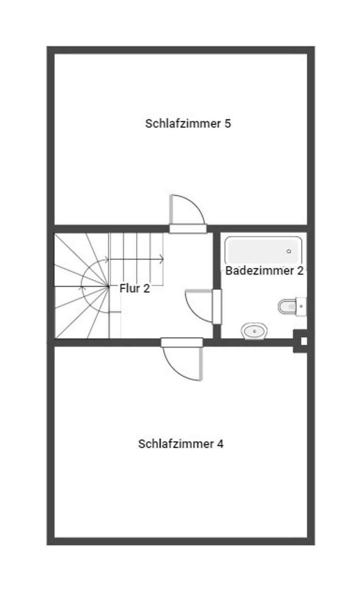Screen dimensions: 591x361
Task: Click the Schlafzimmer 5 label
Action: [188, 124]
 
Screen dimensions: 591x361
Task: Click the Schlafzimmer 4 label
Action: [180, 444]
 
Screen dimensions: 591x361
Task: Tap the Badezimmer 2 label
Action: [264, 271]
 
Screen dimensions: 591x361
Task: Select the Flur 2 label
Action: [134, 288]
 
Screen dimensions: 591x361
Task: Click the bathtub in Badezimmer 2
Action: [263, 250]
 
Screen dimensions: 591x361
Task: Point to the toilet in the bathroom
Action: [288, 306]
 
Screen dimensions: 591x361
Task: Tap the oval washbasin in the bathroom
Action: [254, 331]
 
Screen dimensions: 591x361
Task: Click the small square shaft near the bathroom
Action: [302, 341]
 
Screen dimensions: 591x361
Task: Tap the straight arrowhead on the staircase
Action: [161, 259]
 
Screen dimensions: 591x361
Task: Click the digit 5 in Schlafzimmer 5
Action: [228, 124]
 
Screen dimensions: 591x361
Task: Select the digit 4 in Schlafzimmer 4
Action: [220, 444]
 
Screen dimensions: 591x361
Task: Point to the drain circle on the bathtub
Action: [289, 251]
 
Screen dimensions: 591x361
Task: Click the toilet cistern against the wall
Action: [301, 306]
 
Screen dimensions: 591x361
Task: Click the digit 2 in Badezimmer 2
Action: [300, 271]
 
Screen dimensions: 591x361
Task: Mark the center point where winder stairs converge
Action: [108, 286]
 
